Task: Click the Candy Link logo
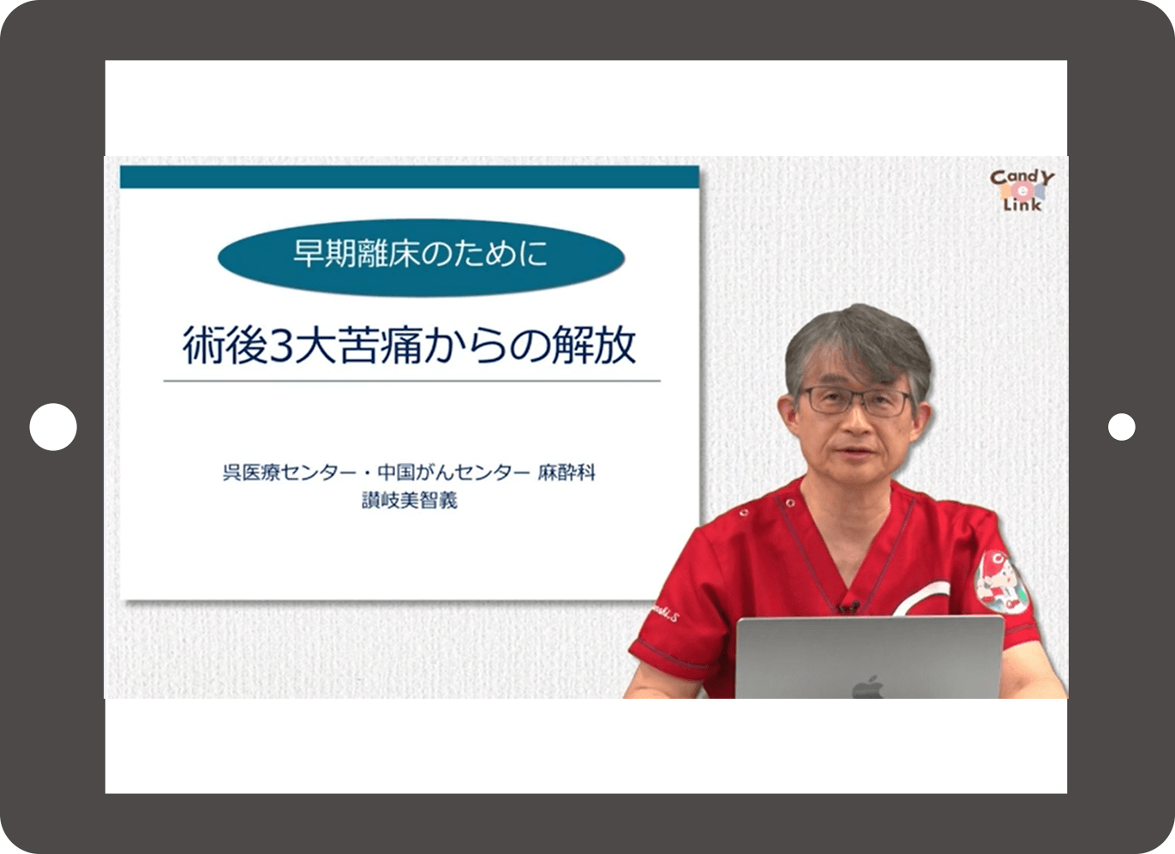click(1022, 190)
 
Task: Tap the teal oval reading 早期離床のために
click(420, 256)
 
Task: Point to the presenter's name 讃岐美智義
click(410, 501)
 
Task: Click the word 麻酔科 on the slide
click(567, 472)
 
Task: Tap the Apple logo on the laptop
click(867, 687)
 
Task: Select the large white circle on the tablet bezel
click(53, 427)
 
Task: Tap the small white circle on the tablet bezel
click(1121, 427)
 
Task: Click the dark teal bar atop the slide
click(409, 177)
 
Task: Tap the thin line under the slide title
click(411, 381)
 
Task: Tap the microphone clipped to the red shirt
click(848, 608)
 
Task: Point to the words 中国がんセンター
click(454, 472)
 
